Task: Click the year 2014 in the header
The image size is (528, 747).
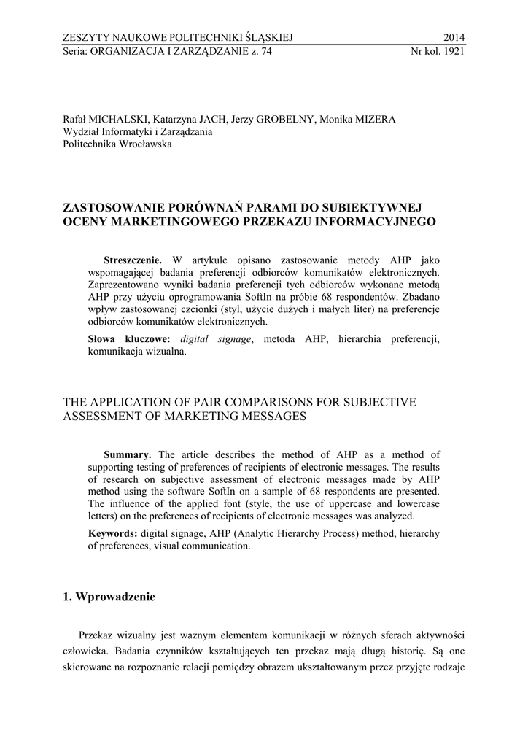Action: click(454, 38)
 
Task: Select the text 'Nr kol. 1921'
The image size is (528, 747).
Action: click(438, 52)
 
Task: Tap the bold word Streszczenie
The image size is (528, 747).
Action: click(132, 259)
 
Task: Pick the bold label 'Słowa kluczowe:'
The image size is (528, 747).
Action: click(129, 339)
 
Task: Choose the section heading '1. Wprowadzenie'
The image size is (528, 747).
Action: click(109, 597)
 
